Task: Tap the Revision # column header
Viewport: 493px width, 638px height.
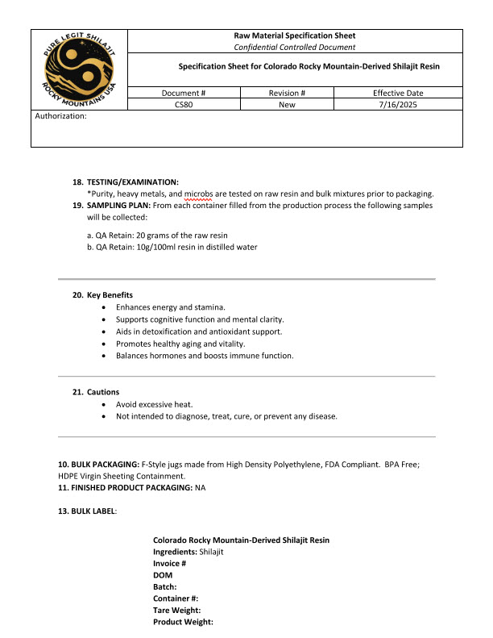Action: pos(288,93)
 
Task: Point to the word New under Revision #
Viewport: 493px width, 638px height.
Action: pos(288,105)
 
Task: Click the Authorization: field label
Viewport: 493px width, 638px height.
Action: pos(61,116)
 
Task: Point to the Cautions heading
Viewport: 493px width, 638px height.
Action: pos(103,392)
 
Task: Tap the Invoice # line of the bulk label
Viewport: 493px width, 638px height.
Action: pos(170,563)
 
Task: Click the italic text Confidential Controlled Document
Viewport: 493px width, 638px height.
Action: pos(294,47)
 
